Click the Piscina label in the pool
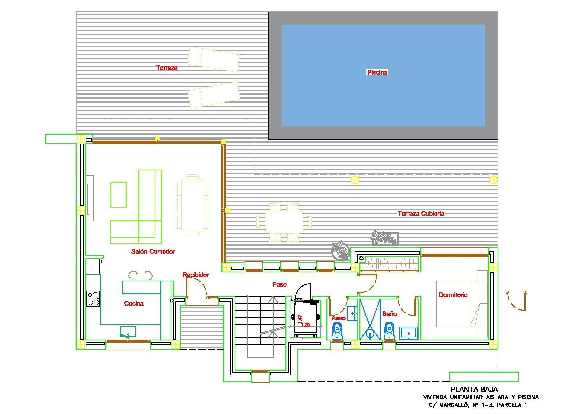377,72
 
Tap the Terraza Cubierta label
421,213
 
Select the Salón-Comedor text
153,251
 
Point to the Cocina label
134,303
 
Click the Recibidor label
196,275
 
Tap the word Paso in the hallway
279,284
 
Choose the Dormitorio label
453,295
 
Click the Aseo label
338,318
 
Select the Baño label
390,314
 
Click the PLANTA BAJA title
474,389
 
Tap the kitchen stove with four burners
93,299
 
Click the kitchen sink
128,332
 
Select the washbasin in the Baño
409,333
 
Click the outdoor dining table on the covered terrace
284,222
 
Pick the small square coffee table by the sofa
118,195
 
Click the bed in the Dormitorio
462,303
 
